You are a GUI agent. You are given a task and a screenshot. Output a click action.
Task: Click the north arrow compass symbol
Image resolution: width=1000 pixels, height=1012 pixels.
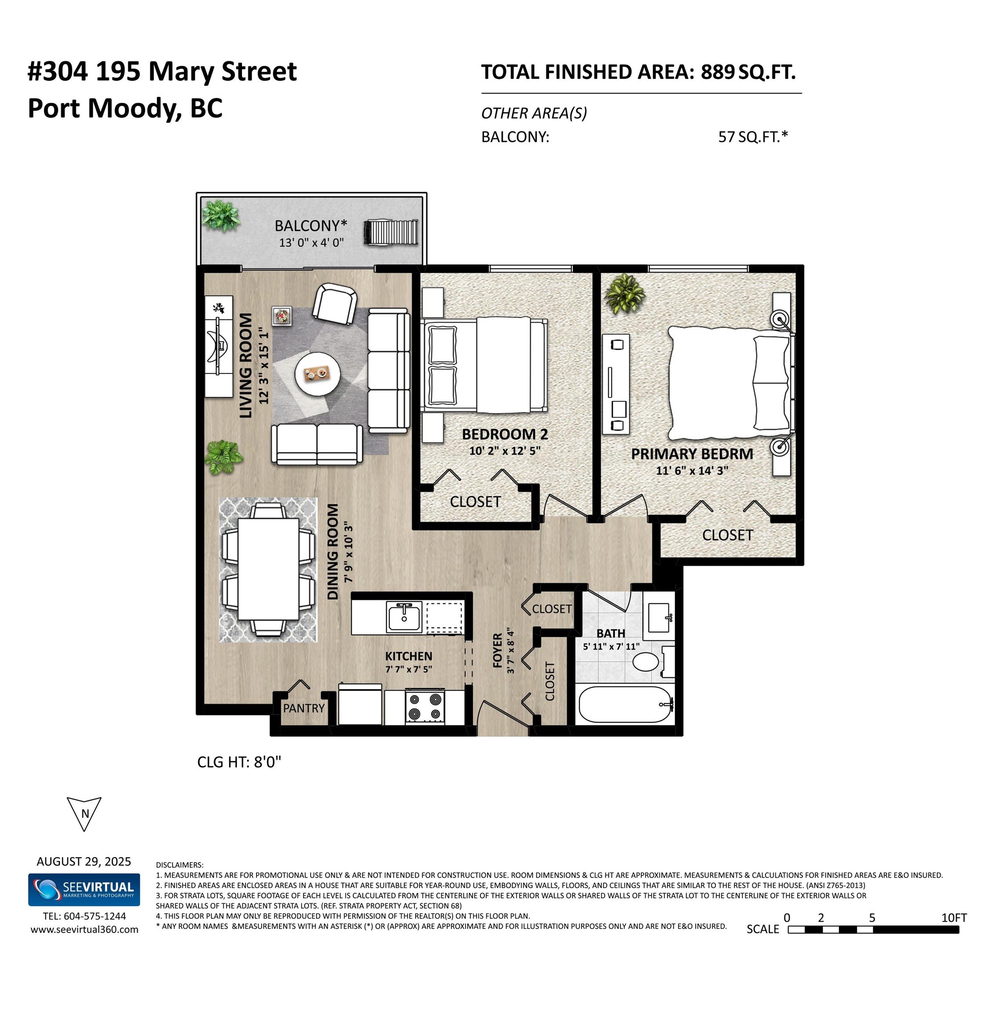click(84, 813)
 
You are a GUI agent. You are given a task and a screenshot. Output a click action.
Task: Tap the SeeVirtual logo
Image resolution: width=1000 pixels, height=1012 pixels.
click(84, 889)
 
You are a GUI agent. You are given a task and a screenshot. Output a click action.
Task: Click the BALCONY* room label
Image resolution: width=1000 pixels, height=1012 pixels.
click(310, 226)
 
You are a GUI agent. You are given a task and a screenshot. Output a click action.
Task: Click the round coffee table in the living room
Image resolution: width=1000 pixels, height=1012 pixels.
click(318, 374)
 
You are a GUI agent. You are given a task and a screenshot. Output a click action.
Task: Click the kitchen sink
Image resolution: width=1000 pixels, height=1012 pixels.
click(404, 617)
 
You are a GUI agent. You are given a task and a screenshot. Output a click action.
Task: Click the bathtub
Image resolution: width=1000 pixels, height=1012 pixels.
click(625, 705)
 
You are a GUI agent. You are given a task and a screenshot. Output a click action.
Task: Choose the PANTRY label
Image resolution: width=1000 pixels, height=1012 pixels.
click(304, 708)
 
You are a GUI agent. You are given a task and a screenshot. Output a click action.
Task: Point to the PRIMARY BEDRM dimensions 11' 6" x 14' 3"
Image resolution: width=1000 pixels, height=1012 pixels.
click(692, 470)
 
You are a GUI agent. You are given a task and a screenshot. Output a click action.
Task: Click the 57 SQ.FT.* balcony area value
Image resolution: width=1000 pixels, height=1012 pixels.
click(753, 137)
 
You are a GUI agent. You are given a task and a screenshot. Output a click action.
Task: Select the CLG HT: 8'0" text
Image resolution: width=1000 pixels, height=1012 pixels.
click(239, 762)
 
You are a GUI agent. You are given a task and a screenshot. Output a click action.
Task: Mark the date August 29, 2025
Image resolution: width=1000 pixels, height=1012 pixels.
click(84, 862)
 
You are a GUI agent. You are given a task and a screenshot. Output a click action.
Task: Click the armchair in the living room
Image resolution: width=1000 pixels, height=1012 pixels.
click(334, 304)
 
